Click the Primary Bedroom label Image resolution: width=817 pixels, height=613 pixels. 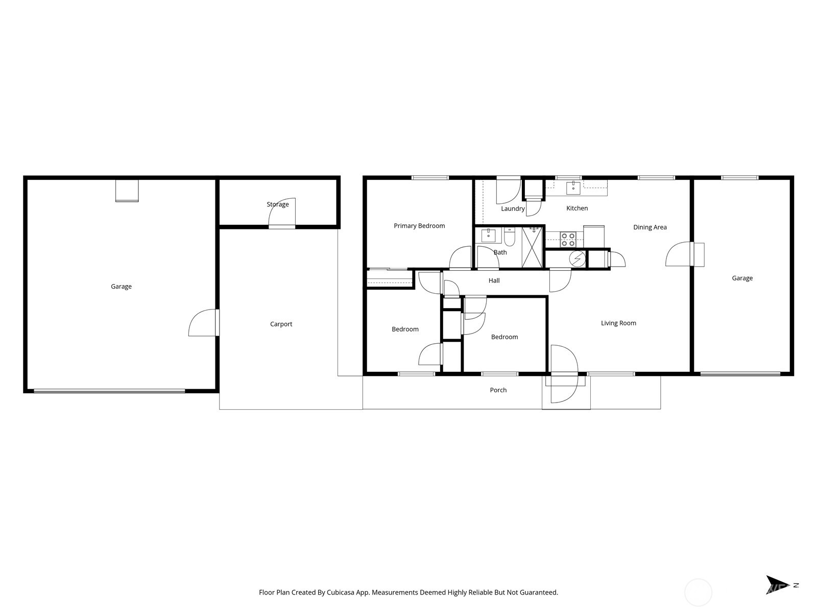coord(419,226)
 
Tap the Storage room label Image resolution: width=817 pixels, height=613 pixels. coord(278,204)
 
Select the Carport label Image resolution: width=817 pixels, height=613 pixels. coord(281,324)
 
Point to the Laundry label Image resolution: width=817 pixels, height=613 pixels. coord(513,208)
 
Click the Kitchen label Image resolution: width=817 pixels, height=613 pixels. coord(577,208)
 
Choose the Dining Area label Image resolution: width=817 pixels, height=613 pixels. coord(650,227)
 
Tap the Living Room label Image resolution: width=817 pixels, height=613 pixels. coord(618,323)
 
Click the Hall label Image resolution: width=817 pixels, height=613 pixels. coord(494,280)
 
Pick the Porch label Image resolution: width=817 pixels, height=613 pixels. coord(498,390)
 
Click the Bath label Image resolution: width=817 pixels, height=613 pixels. coord(500,252)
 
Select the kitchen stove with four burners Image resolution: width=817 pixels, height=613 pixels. coord(568,240)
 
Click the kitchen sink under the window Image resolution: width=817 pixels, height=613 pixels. coord(573,187)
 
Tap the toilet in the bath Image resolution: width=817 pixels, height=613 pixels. coord(510,238)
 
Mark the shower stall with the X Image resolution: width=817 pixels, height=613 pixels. coord(532,248)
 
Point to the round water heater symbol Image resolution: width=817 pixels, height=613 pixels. coord(577,259)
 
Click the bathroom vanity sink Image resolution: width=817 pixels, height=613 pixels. coord(488,236)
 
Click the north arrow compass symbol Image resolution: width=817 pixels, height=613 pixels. coord(777,585)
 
